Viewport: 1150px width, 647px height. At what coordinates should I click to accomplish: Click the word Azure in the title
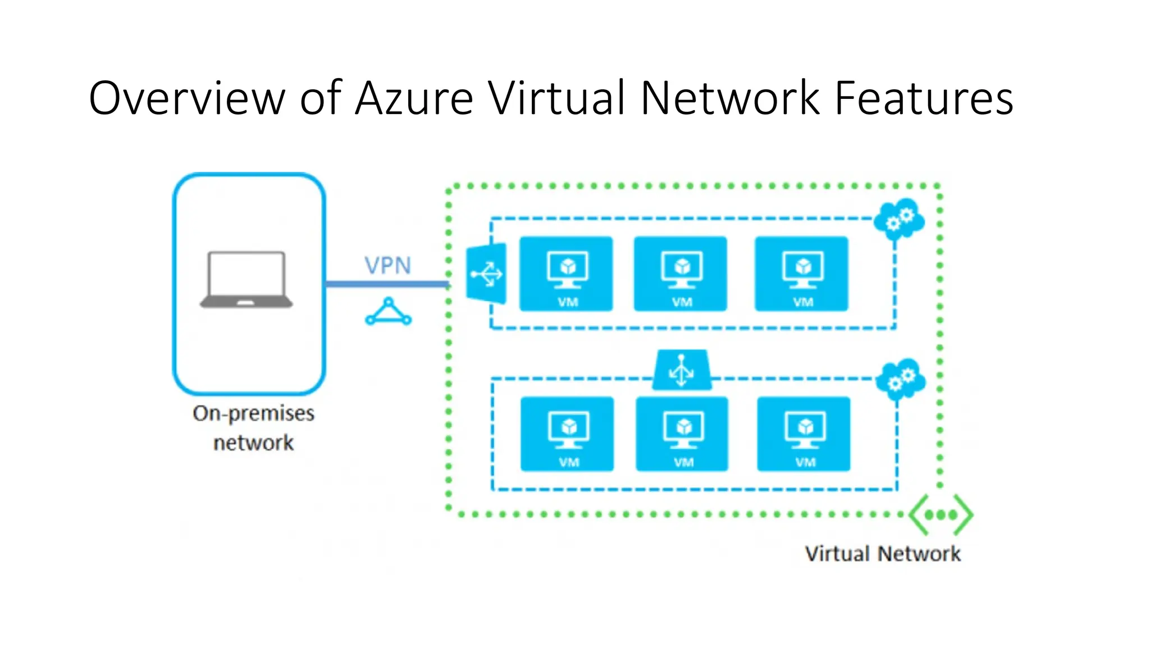click(414, 98)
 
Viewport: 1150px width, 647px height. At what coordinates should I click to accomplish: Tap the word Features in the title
click(924, 98)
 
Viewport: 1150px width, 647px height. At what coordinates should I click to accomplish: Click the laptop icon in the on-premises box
click(247, 280)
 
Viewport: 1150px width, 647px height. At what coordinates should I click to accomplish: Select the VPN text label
click(387, 265)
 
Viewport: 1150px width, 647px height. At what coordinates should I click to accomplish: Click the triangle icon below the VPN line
click(388, 312)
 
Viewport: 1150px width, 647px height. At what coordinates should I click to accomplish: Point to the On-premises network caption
click(253, 427)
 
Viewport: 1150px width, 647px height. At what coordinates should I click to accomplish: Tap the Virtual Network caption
click(882, 554)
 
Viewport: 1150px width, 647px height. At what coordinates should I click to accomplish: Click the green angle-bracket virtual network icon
click(941, 514)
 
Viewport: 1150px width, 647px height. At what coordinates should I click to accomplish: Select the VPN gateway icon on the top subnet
click(486, 274)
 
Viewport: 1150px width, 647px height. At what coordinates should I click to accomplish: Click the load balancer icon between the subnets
click(682, 370)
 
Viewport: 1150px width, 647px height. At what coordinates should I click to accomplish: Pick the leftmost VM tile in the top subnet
click(566, 274)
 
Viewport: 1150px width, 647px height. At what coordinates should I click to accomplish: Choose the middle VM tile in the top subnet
click(681, 274)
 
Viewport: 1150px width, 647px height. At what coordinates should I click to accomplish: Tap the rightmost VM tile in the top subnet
click(801, 274)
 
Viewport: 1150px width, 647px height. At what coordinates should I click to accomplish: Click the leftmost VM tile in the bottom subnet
click(567, 434)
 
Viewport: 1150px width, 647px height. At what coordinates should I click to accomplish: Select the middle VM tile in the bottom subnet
click(682, 434)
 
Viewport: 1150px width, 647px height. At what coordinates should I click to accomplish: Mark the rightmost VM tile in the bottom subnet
click(804, 434)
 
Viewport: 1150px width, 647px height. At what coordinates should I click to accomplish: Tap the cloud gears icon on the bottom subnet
click(901, 379)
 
